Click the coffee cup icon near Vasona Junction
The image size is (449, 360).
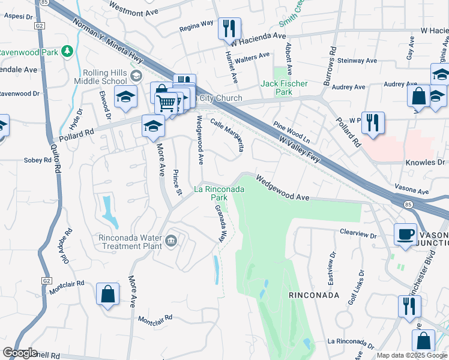[406, 234]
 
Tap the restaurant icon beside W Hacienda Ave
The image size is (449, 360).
[229, 28]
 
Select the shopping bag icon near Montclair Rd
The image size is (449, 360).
[107, 294]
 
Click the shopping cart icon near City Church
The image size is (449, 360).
[166, 102]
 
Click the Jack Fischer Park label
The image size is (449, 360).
[276, 88]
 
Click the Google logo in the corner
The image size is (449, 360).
[20, 353]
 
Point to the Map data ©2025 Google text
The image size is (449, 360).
[411, 355]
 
